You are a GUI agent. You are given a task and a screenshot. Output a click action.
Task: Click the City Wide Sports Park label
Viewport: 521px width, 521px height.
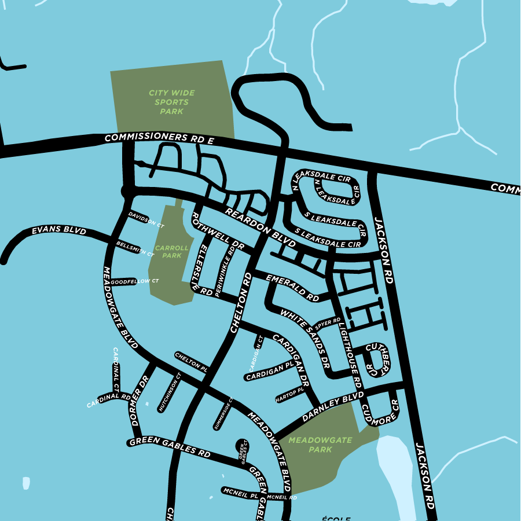[171, 102]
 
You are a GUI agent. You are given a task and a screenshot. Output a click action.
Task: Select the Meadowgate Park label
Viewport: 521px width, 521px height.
[320, 445]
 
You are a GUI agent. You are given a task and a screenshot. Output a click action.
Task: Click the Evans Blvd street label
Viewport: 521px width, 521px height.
[59, 232]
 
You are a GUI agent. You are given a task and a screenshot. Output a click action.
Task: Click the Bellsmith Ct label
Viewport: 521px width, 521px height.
[135, 249]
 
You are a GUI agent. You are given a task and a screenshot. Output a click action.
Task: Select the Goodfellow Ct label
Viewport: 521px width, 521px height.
[134, 281]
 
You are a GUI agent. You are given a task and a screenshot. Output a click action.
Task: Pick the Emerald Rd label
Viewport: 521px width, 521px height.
[292, 288]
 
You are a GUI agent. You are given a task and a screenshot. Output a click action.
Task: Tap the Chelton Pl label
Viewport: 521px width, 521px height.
[191, 361]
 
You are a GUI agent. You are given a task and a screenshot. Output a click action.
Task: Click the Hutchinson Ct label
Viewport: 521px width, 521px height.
[170, 392]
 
